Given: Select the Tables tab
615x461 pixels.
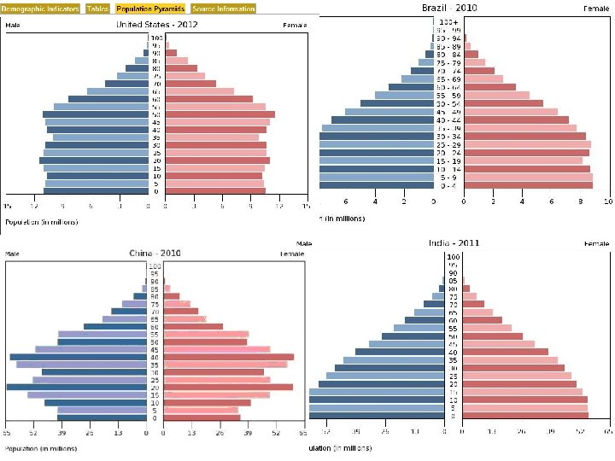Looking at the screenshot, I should [97, 9].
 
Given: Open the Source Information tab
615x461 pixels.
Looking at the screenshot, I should [223, 9].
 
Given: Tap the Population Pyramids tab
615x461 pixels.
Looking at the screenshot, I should [150, 9].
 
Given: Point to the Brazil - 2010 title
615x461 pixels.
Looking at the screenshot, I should [449, 7].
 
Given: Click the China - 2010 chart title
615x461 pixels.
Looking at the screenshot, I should [155, 254].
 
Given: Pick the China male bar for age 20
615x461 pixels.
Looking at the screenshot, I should [76, 388].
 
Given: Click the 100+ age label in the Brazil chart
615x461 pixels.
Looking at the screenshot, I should [448, 21].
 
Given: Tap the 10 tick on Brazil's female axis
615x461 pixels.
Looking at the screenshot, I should [606, 202].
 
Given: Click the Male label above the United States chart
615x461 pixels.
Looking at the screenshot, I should [13, 25].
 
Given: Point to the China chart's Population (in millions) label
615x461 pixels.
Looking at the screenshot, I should [42, 447].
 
